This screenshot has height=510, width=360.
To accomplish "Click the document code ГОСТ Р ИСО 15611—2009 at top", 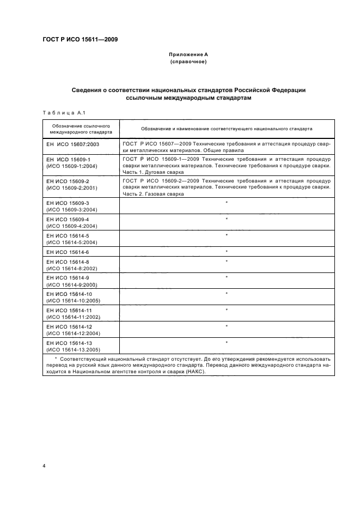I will [80, 39].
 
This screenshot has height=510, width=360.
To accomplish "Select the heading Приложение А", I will [187, 55].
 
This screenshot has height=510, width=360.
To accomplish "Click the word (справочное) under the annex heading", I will [187, 62].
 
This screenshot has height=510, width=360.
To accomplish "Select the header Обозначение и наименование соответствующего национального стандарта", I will [227, 129].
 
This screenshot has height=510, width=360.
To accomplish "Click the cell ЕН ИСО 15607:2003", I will [73, 144].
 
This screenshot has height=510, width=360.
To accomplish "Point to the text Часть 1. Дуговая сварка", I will [153, 172].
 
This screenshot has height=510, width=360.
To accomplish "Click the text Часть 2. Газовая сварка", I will [153, 194].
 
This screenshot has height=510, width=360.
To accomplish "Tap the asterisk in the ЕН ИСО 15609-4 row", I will [226, 219].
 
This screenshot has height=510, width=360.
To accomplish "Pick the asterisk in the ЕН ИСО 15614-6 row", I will [226, 252].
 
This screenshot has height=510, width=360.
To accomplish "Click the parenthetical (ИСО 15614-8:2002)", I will [72, 269].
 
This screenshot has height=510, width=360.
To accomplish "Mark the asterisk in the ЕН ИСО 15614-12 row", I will [226, 326].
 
